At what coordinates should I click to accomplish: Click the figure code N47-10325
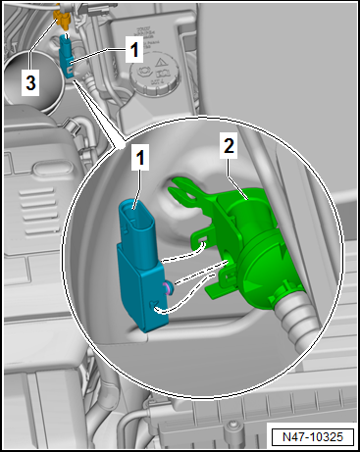(x=313, y=437)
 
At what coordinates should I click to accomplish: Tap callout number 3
(x=30, y=82)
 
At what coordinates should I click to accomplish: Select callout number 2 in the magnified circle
(x=229, y=146)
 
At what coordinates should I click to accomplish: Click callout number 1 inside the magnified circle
(x=140, y=158)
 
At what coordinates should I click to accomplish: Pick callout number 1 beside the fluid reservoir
(x=134, y=50)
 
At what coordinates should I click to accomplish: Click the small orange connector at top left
(x=63, y=19)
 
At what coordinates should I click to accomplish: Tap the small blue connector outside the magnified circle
(x=67, y=56)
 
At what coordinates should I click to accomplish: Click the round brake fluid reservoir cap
(x=155, y=74)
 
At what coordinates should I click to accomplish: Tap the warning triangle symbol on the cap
(x=160, y=63)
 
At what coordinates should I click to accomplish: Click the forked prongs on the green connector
(x=182, y=190)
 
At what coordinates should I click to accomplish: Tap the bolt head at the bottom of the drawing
(x=232, y=425)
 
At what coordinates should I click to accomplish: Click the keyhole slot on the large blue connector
(x=153, y=306)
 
